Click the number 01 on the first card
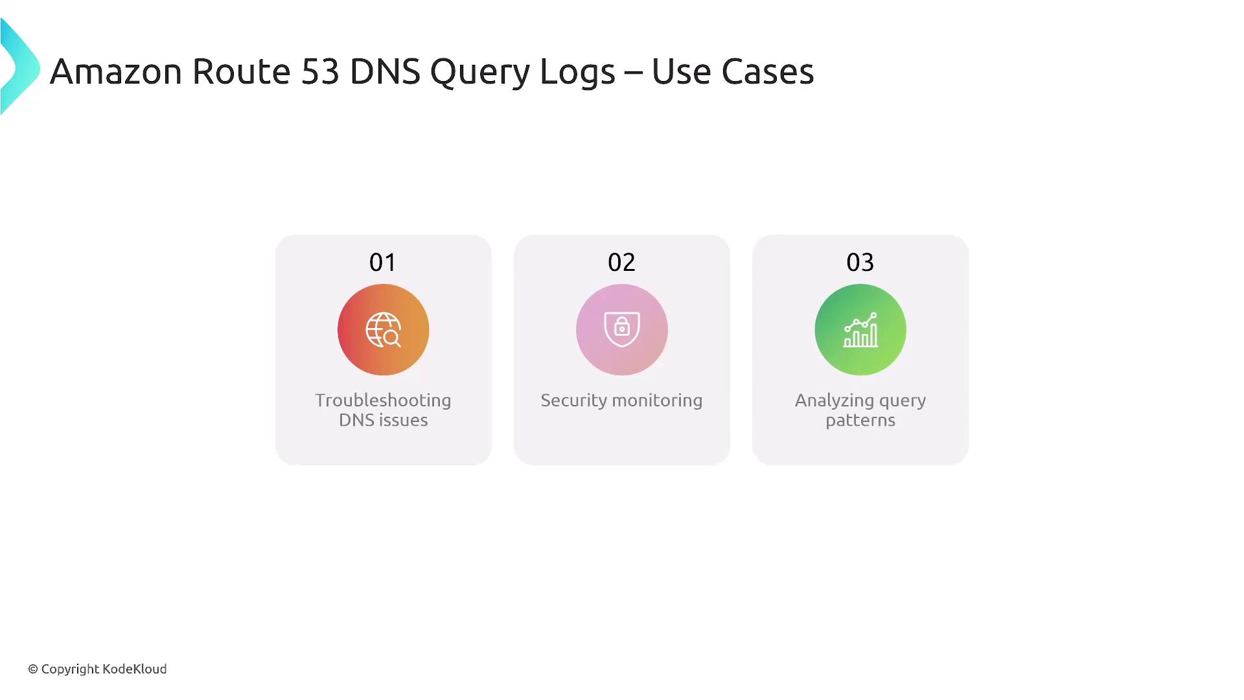383,262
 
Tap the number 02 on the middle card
621,262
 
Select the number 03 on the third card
860,262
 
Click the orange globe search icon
384,330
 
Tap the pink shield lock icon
622,330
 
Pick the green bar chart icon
860,330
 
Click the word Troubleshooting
384,401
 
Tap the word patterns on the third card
860,421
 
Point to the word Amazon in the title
116,71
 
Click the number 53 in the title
320,71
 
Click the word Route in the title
242,71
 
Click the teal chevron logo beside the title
20,67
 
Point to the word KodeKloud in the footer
135,669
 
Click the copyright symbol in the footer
33,670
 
